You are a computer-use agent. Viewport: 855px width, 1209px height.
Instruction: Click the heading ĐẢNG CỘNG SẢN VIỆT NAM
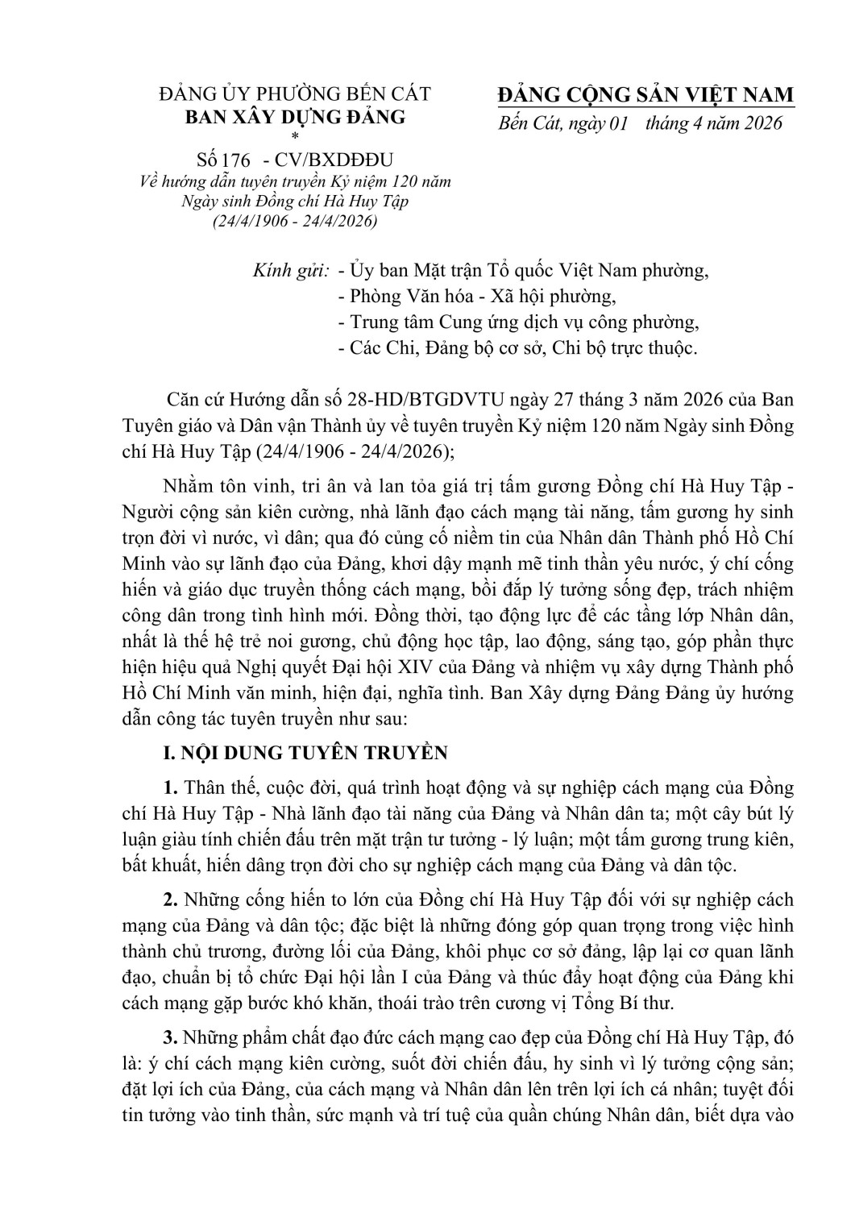[x=645, y=95]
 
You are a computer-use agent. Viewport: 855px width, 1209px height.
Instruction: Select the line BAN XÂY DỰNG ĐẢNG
[x=296, y=116]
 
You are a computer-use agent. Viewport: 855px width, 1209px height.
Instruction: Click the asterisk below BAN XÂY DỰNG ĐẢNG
[x=294, y=136]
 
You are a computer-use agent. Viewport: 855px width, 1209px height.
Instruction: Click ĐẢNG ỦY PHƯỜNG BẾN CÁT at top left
[x=295, y=94]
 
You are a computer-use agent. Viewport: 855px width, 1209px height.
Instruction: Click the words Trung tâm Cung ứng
[x=426, y=322]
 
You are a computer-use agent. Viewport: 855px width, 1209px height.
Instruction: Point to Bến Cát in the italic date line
[x=525, y=123]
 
